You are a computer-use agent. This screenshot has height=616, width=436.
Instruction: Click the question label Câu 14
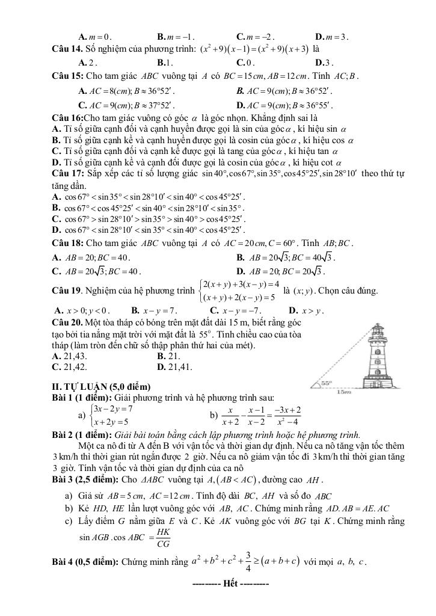66,48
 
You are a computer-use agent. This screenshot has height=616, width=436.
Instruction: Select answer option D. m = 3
331,35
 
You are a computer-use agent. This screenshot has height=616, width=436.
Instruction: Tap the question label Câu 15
66,76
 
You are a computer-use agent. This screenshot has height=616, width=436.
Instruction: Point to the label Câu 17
66,174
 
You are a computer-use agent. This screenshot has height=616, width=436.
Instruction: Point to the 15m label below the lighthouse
361,392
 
